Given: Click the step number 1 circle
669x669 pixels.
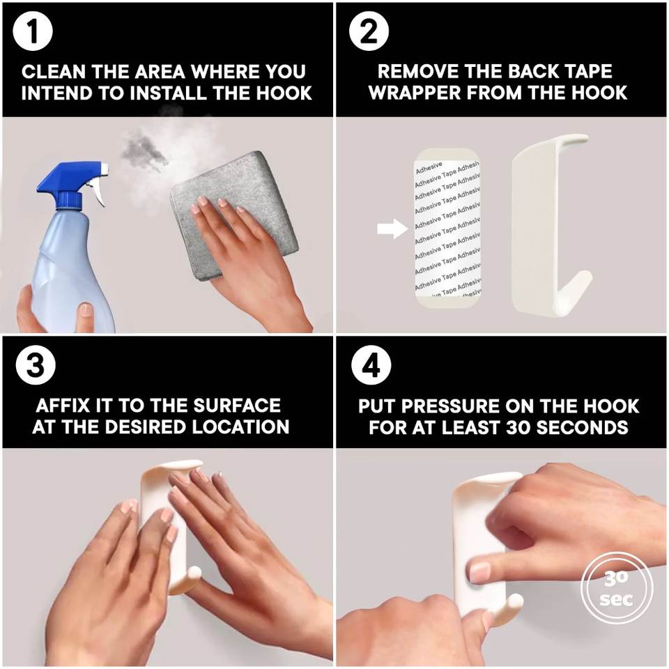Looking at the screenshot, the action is pyautogui.click(x=33, y=32).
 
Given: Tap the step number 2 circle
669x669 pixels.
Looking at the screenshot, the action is pyautogui.click(x=369, y=32).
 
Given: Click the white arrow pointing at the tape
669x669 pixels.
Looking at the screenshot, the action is pyautogui.click(x=392, y=229).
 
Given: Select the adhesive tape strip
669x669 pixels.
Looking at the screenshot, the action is pyautogui.click(x=447, y=229).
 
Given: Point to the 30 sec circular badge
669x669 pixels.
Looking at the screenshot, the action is pyautogui.click(x=617, y=589).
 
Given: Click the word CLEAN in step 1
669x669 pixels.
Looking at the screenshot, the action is pyautogui.click(x=54, y=72).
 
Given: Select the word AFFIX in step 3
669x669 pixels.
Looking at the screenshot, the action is pyautogui.click(x=63, y=406).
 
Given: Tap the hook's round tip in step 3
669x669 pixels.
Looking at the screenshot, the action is pyautogui.click(x=194, y=573).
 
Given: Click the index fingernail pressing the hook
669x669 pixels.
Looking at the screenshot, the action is pyautogui.click(x=480, y=571).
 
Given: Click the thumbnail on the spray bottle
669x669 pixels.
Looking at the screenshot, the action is pyautogui.click(x=86, y=311).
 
